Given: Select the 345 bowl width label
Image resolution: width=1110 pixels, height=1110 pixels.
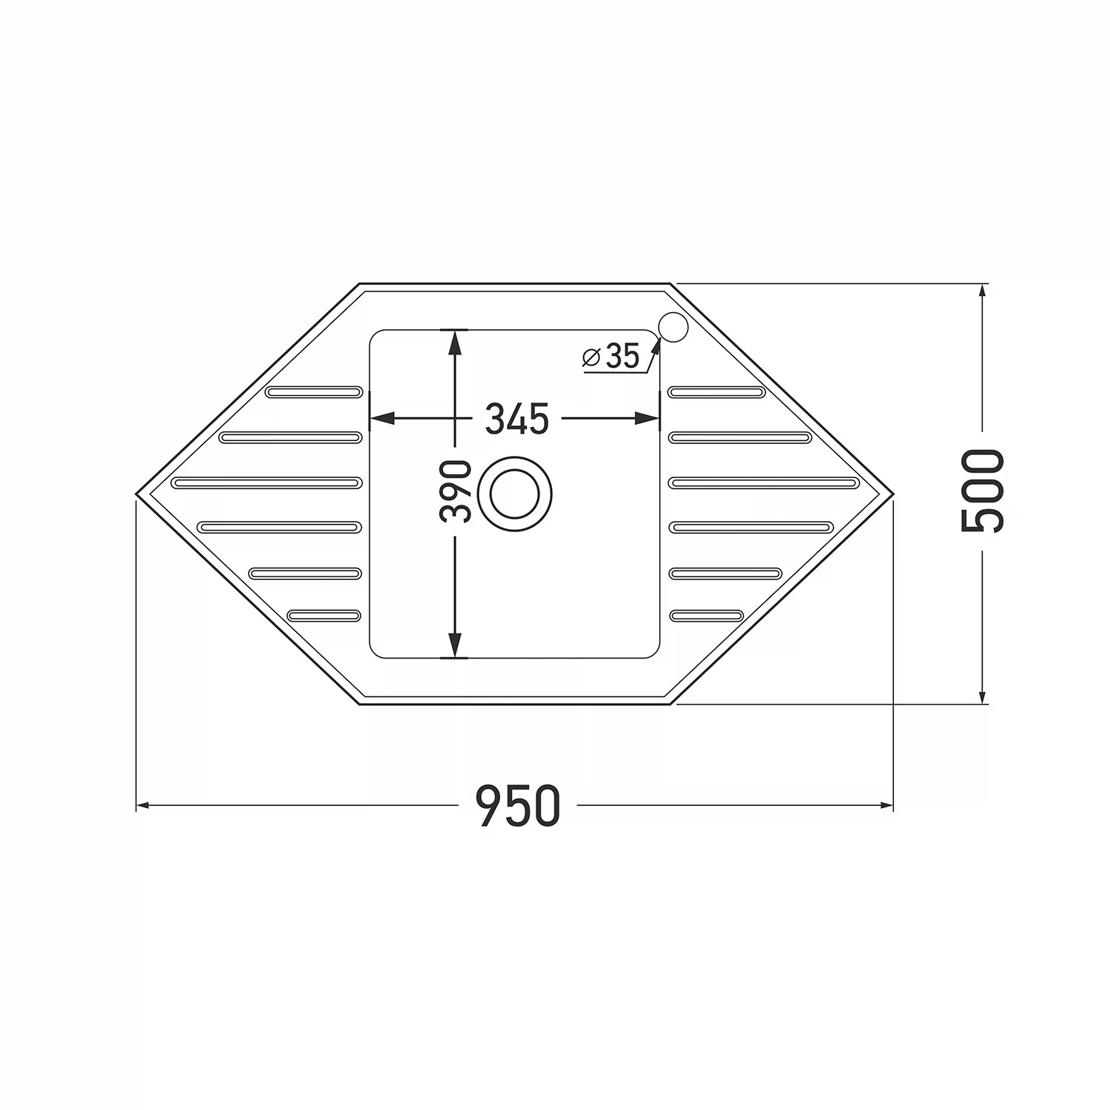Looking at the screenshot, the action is coord(517,419).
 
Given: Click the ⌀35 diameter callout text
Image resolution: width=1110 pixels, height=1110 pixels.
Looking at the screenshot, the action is coord(611,356).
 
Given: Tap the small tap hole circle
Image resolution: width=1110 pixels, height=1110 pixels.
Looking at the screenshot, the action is coord(673,327).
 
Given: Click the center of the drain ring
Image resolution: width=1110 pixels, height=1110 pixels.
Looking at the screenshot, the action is coord(515,494).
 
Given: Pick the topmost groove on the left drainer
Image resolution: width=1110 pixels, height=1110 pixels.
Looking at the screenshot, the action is coord(314,391).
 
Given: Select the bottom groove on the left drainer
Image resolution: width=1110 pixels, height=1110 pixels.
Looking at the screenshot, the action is coord(324,615).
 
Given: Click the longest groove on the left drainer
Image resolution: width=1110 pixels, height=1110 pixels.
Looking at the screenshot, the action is coord(266,482).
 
